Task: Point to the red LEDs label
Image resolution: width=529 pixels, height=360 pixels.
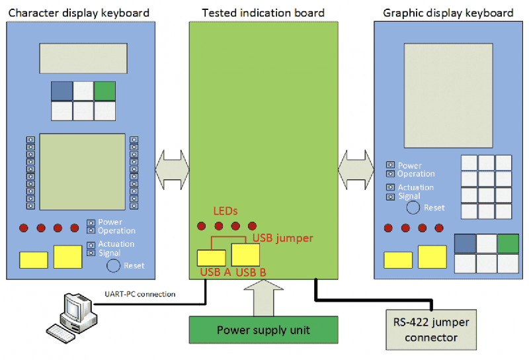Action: [x=225, y=210]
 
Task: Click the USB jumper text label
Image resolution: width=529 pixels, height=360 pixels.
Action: [x=283, y=238]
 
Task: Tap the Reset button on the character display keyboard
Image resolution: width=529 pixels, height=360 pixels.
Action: [x=114, y=266]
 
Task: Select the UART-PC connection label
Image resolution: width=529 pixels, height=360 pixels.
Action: [x=140, y=293]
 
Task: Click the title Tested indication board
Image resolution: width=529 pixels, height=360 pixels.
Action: [x=263, y=13]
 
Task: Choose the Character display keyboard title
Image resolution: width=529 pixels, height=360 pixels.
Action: [x=78, y=13]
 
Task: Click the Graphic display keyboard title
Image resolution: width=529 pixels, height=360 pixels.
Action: [x=448, y=13]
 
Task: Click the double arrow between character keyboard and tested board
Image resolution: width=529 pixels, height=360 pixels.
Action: [x=173, y=169]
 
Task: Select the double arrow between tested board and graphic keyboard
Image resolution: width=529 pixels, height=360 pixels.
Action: [x=356, y=169]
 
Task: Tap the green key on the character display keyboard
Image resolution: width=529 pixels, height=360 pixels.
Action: [x=104, y=91]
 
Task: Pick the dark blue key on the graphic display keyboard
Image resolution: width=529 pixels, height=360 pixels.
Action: [x=466, y=244]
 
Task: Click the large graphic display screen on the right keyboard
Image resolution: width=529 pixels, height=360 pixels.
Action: [x=449, y=86]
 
